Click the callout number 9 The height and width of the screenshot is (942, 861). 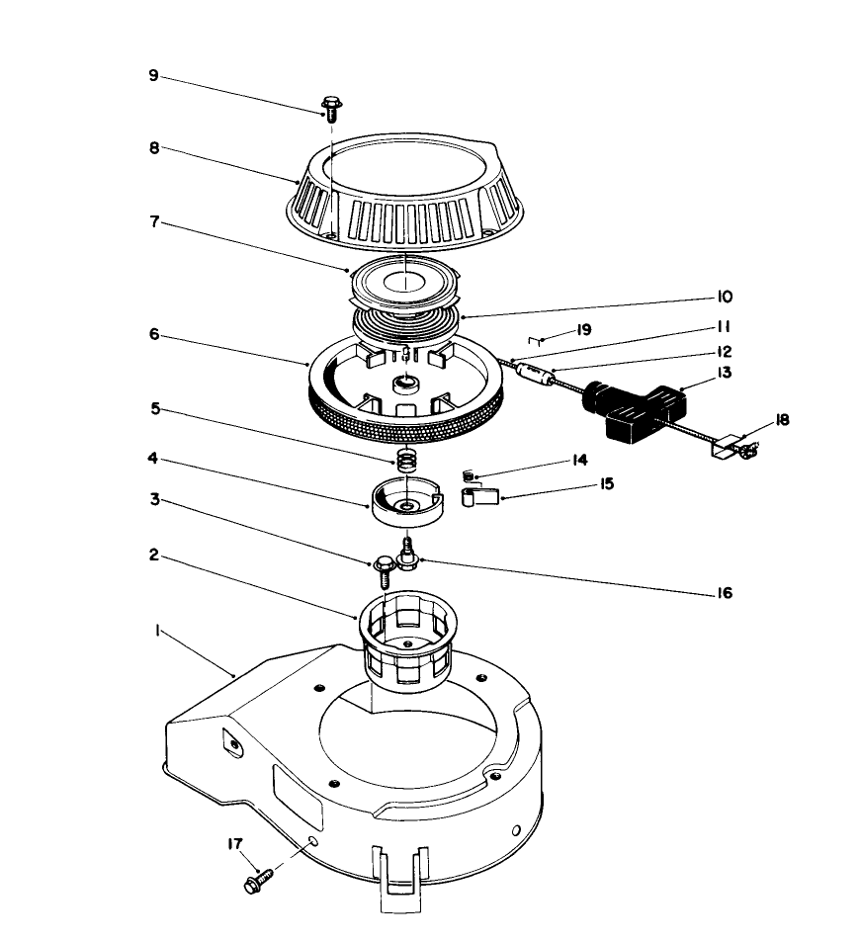(x=153, y=76)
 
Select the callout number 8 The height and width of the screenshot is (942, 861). (x=153, y=147)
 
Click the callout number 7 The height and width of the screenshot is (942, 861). (x=153, y=224)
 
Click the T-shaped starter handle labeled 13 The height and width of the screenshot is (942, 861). (x=633, y=408)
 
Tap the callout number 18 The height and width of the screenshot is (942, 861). (x=782, y=420)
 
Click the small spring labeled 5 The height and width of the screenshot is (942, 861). (x=403, y=460)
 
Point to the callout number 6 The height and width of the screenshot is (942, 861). (x=153, y=335)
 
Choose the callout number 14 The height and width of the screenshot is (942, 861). (x=579, y=460)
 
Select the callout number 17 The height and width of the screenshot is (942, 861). (x=233, y=843)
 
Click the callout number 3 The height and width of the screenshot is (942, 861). (x=153, y=500)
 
